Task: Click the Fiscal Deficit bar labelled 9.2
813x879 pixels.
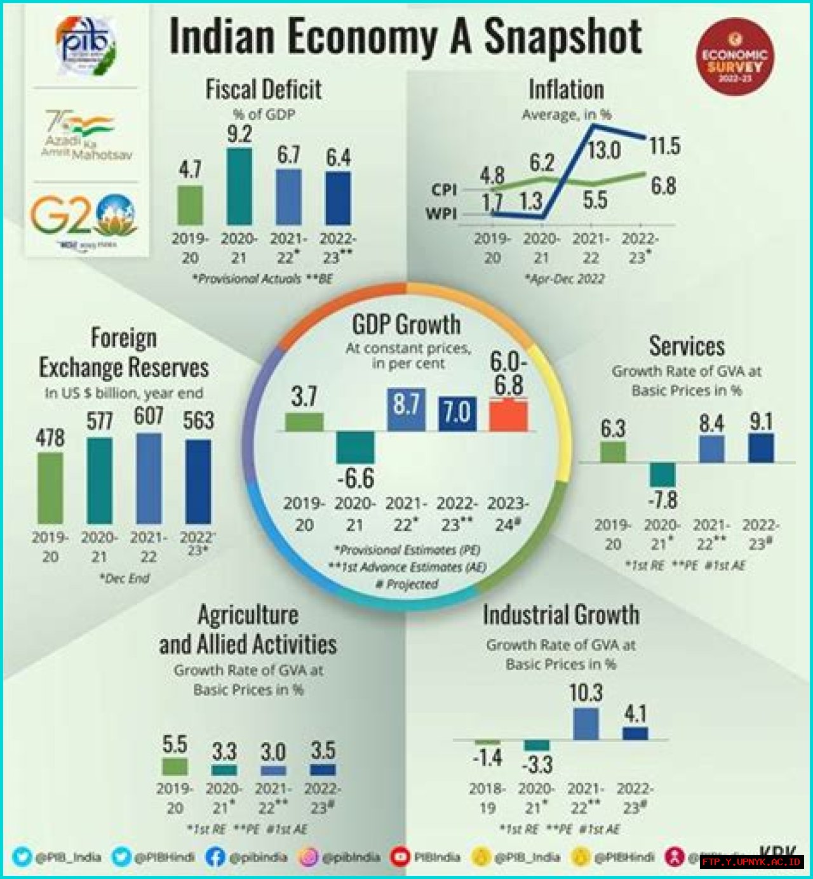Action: pyautogui.click(x=239, y=187)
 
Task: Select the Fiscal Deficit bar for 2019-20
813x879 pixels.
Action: pyautogui.click(x=190, y=205)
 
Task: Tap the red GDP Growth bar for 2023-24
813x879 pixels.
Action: pyautogui.click(x=508, y=416)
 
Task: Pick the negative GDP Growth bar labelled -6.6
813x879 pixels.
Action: pyautogui.click(x=355, y=447)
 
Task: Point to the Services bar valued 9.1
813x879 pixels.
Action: pyautogui.click(x=761, y=448)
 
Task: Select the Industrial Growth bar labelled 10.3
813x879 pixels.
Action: pyautogui.click(x=586, y=724)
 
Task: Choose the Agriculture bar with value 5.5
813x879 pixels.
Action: pyautogui.click(x=175, y=766)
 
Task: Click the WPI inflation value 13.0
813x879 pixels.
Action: pyautogui.click(x=603, y=151)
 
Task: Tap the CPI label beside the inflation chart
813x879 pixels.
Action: pyautogui.click(x=444, y=190)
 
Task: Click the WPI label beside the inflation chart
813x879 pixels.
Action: pyautogui.click(x=441, y=214)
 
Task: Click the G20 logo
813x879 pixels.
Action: pyautogui.click(x=84, y=216)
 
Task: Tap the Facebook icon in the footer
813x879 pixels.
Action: pyautogui.click(x=215, y=857)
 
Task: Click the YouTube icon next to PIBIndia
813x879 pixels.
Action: pyautogui.click(x=400, y=857)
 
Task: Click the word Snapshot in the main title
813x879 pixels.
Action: pyautogui.click(x=563, y=36)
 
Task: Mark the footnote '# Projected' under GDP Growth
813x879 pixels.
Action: pyautogui.click(x=406, y=584)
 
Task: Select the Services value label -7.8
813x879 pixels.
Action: pyautogui.click(x=662, y=501)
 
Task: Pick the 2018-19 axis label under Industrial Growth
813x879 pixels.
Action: pyautogui.click(x=487, y=798)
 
